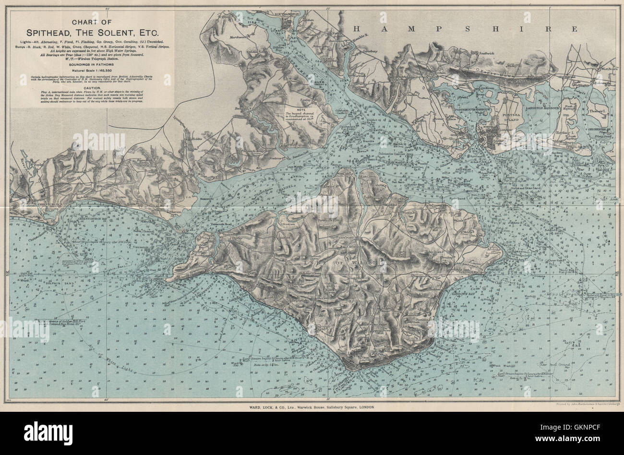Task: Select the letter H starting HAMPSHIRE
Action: pos(352,28)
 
